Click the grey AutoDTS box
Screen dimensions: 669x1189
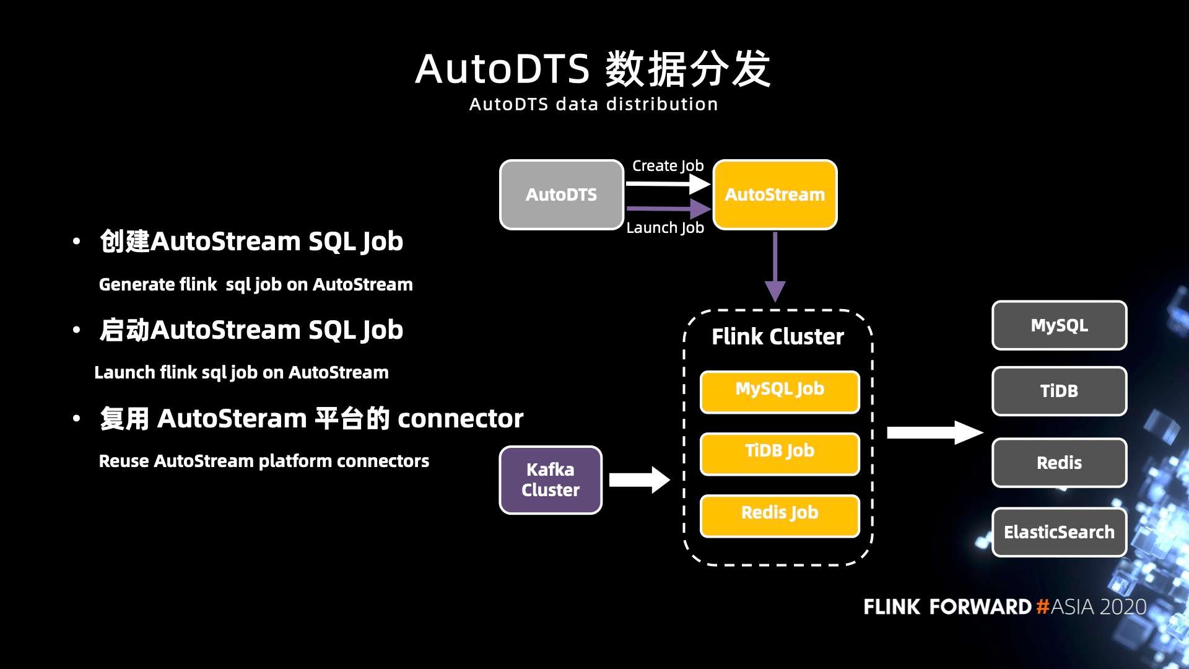point(561,195)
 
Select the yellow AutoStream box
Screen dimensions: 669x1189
point(775,195)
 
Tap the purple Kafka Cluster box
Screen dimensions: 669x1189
point(551,480)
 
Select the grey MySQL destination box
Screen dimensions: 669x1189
point(1059,325)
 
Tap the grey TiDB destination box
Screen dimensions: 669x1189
point(1059,391)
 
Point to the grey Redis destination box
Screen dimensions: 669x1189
point(1059,463)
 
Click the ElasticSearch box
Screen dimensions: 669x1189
point(1059,532)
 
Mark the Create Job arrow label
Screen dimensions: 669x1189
point(668,166)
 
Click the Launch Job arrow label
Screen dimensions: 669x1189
point(665,228)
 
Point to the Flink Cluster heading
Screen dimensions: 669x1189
point(777,336)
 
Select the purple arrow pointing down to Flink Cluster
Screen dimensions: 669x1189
point(775,266)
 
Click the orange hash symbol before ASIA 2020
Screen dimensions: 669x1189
point(1042,606)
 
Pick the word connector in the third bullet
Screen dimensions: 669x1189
point(460,419)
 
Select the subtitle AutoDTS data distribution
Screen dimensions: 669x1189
point(593,104)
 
